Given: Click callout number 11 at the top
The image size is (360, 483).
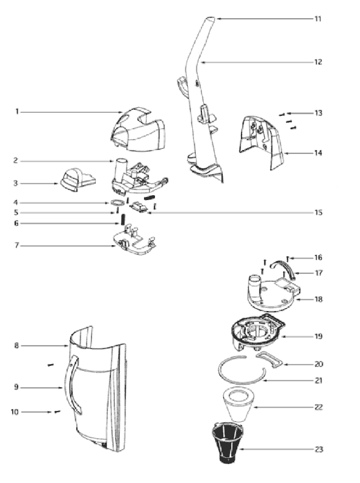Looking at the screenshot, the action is coord(318,19).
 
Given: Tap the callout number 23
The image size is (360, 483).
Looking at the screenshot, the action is coord(319,449).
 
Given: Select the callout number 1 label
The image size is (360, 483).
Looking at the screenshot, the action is coord(17,112).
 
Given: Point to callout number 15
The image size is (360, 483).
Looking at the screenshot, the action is coord(319,213).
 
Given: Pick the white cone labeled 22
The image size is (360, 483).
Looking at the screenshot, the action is coord(237,404).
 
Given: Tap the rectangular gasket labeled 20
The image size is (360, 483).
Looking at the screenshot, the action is coord(269,359).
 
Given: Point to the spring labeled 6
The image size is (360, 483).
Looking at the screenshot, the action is coord(123,220).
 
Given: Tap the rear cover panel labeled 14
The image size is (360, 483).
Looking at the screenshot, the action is coord(262,142).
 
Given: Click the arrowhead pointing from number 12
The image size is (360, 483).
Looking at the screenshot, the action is coord(203,62).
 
